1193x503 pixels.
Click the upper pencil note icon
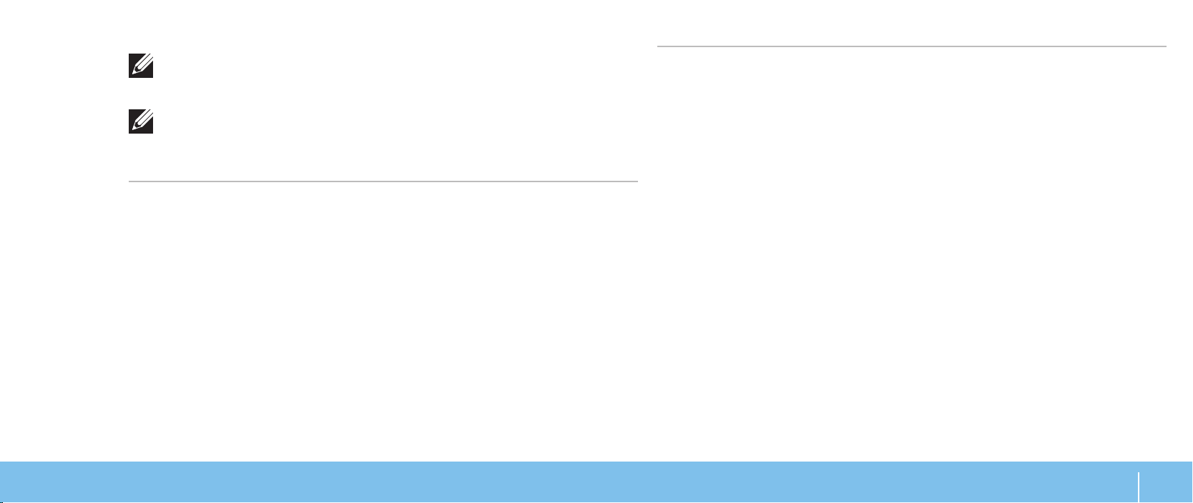[x=141, y=67]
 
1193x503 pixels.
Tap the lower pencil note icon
[x=141, y=123]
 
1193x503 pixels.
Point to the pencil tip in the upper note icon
[x=134, y=75]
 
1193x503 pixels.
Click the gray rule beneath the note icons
[x=383, y=181]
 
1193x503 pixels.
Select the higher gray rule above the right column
[x=911, y=47]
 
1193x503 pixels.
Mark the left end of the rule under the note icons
[x=129, y=181]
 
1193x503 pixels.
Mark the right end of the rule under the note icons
[x=637, y=181]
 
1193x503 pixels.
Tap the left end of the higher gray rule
[x=658, y=47]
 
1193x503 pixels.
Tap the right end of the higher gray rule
[x=1166, y=47]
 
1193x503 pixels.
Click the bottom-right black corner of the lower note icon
[x=152, y=132]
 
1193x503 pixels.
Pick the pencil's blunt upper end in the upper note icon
[x=147, y=61]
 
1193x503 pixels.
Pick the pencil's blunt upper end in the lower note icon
[x=147, y=116]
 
